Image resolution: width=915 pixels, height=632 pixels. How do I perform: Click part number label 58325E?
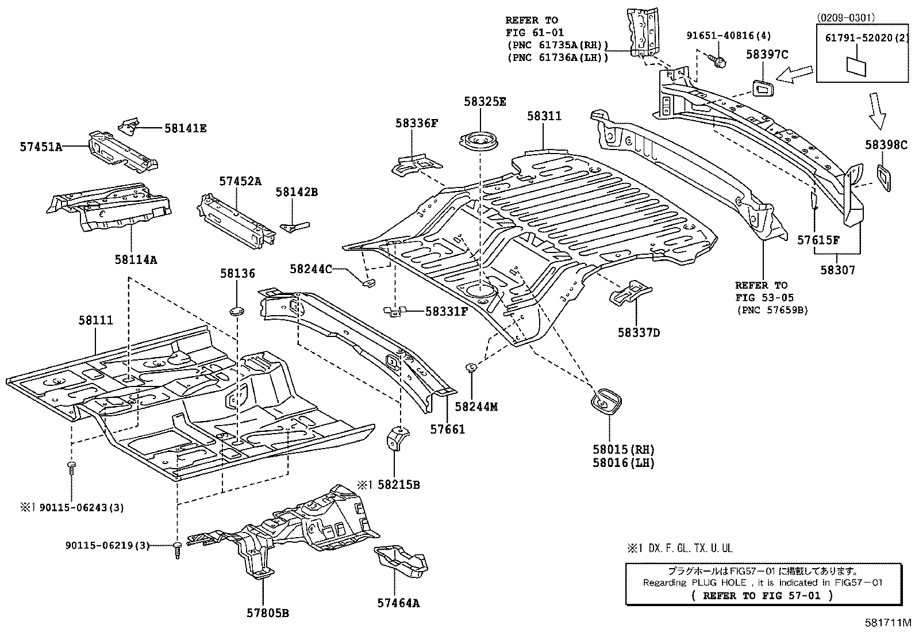coord(485,102)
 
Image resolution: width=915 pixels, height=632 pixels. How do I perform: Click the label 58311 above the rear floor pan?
coord(544,116)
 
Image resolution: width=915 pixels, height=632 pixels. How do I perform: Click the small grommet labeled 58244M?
coord(470,367)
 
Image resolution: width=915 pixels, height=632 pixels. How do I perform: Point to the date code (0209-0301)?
coord(845,18)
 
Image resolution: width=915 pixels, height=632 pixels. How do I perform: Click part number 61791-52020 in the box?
coord(860,38)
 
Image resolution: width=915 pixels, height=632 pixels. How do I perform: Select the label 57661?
coord(447,429)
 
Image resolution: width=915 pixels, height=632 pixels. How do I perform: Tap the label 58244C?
coord(310,269)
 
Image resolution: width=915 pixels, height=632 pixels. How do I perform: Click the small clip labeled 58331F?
coord(394,311)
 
